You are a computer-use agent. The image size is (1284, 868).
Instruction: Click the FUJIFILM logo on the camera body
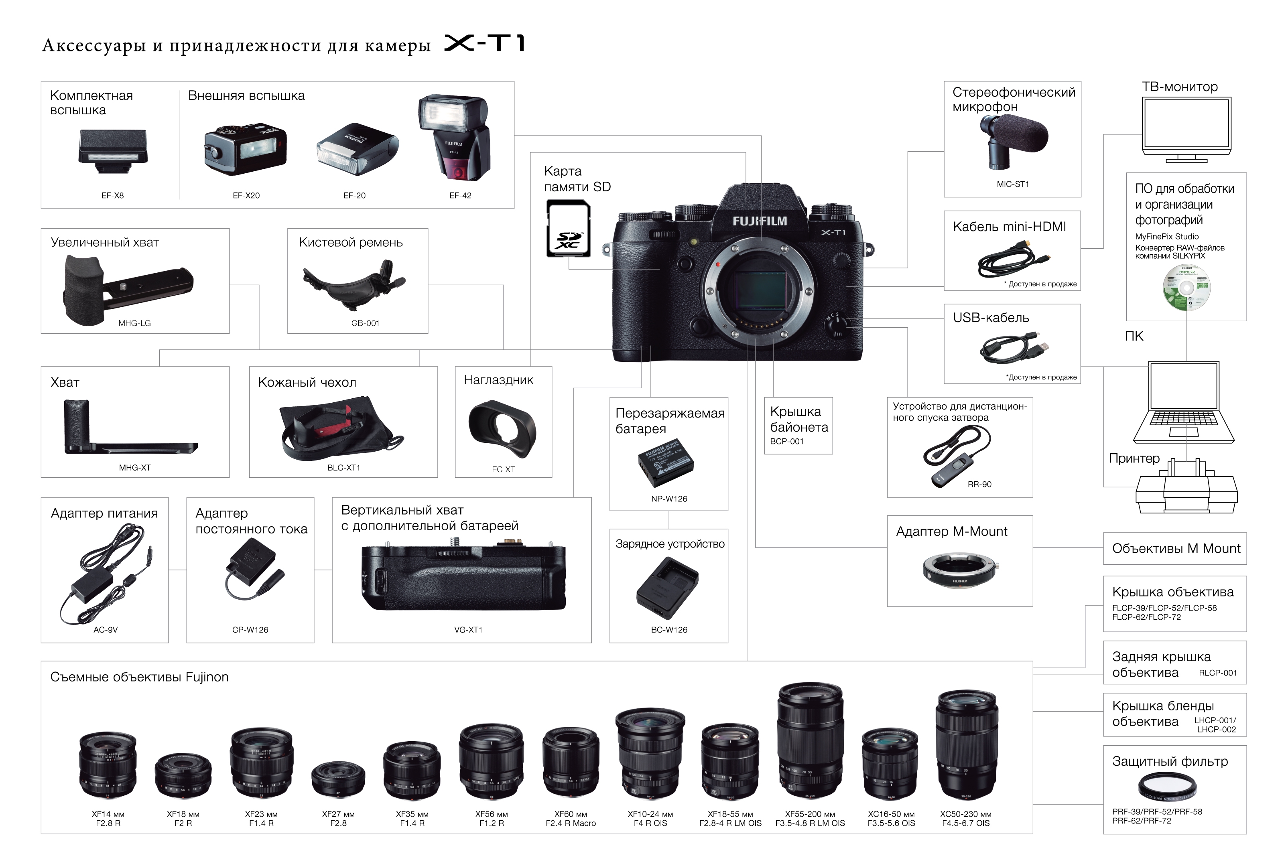(760, 221)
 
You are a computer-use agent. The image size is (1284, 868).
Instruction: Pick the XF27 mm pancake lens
(338, 780)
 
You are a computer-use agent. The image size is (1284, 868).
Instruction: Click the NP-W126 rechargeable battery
(666, 462)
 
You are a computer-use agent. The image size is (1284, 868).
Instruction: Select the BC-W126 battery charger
(667, 588)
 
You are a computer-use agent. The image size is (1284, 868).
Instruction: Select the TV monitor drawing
(1186, 130)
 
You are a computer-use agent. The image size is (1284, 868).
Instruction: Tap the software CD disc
(1186, 288)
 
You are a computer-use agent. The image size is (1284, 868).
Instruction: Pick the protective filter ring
(1167, 786)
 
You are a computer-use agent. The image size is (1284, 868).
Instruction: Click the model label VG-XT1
(468, 629)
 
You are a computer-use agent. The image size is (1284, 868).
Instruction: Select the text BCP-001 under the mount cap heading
(787, 441)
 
